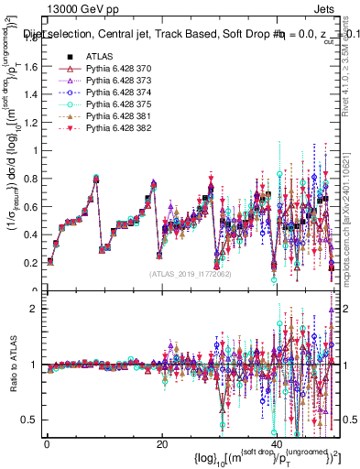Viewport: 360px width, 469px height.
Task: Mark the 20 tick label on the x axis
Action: coord(161,444)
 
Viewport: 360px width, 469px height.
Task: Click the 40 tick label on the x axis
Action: coord(276,444)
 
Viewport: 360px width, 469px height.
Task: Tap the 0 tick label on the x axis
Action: coord(47,444)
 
